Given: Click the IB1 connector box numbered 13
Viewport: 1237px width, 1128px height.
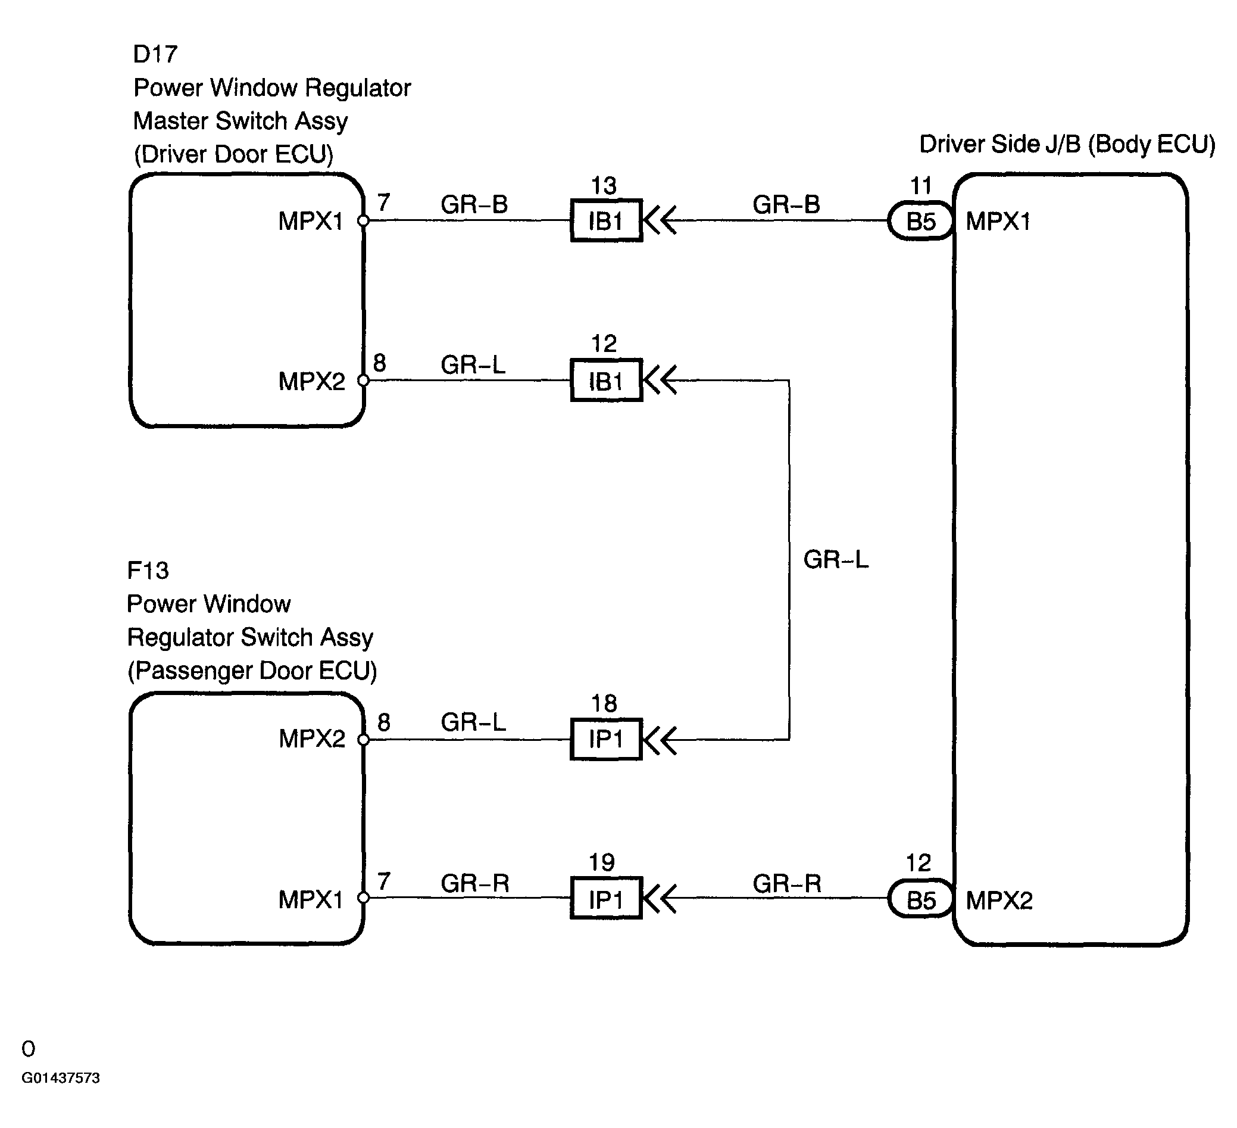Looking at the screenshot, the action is point(606,220).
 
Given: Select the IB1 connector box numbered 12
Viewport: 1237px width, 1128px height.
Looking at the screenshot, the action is point(606,381).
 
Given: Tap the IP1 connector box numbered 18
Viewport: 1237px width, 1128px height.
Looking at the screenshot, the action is point(606,739).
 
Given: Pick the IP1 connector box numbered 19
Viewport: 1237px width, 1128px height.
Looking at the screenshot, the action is point(606,898).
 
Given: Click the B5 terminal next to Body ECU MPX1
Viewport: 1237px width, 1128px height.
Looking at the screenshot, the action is point(920,220).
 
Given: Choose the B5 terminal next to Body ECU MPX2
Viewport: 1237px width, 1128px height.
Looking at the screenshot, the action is point(920,899).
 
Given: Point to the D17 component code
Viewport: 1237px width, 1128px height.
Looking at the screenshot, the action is point(155,55).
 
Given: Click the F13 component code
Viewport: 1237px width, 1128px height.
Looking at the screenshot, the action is point(148,571).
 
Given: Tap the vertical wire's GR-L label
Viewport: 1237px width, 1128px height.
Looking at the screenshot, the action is point(836,559).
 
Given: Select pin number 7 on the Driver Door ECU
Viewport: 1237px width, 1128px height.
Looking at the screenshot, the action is point(384,202).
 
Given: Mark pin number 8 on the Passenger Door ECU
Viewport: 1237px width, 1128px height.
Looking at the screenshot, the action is point(384,722).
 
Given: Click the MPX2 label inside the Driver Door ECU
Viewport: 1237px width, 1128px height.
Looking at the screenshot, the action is point(312,381).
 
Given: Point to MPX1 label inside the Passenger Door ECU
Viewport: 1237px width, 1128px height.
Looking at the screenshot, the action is point(311,899).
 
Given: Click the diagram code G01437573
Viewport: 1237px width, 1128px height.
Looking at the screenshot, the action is point(61,1078).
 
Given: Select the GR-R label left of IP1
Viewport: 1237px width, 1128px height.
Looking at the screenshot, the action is point(475,883).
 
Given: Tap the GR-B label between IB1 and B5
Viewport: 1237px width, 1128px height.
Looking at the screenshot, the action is point(786,204).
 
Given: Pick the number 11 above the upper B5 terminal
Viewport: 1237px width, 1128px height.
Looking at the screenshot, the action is point(920,185).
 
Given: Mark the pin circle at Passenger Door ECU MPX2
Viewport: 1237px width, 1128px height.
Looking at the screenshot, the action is point(363,740).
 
